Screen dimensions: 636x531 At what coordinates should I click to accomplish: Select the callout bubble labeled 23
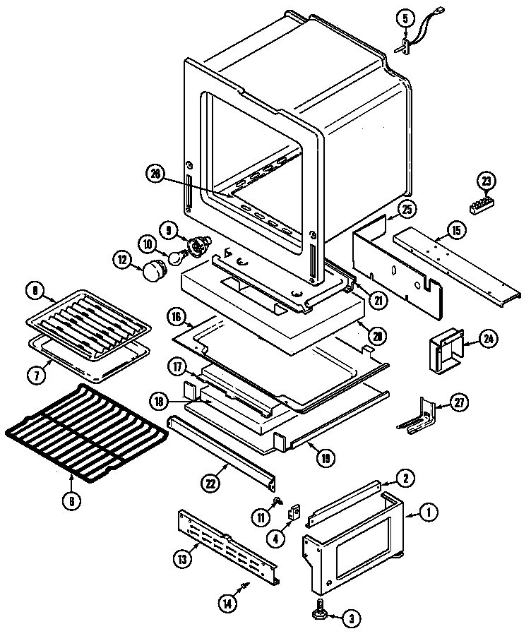486,181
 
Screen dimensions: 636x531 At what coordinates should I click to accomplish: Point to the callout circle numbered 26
156,172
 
